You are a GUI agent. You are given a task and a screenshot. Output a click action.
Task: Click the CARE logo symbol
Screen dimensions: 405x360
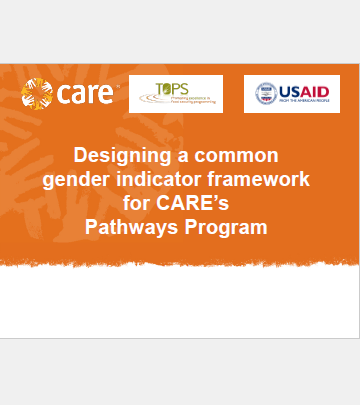(x=38, y=95)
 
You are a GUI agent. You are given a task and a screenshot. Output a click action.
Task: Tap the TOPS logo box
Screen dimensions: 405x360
(x=175, y=93)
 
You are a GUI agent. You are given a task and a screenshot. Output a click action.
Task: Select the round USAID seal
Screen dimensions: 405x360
(x=266, y=94)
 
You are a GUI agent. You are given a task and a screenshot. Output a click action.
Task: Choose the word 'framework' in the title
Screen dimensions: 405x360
(x=267, y=180)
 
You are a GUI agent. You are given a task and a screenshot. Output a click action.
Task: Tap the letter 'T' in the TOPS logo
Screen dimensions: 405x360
(x=161, y=88)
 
